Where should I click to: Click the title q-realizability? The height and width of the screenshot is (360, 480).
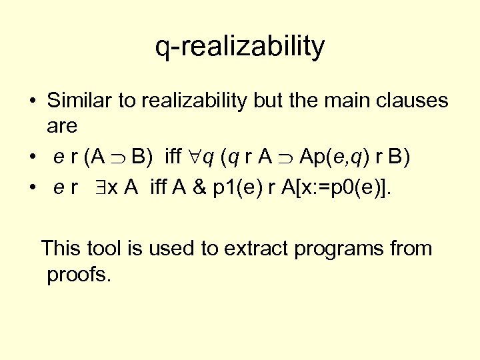pos(240,47)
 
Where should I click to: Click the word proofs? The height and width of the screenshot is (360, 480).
pos(78,274)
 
